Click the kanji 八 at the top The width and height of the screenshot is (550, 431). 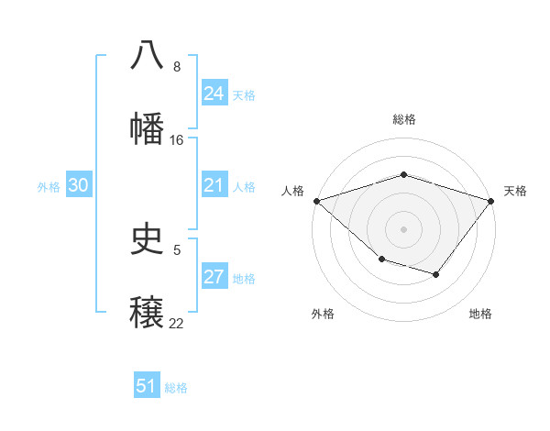point(148,55)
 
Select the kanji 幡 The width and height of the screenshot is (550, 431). point(148,128)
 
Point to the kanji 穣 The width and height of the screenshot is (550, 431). point(148,312)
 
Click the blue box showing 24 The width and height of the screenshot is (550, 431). point(214,94)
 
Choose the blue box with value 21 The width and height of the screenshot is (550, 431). point(214,186)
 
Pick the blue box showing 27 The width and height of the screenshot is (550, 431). point(214,278)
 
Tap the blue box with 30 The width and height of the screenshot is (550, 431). point(79,186)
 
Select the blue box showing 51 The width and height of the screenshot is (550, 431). point(147,386)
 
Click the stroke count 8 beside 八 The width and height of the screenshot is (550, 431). point(177,67)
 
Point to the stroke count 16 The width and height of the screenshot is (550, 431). point(177,140)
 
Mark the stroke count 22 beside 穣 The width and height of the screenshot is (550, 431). point(177,324)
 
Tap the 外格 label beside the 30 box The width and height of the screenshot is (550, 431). point(49,187)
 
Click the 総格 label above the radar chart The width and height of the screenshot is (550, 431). point(404,119)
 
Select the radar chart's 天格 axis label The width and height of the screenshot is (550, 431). point(516,191)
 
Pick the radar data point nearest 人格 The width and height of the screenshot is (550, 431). point(316,201)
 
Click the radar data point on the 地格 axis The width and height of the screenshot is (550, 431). point(436,274)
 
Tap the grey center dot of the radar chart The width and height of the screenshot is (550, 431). point(403,229)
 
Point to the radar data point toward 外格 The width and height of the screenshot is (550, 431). point(381,260)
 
